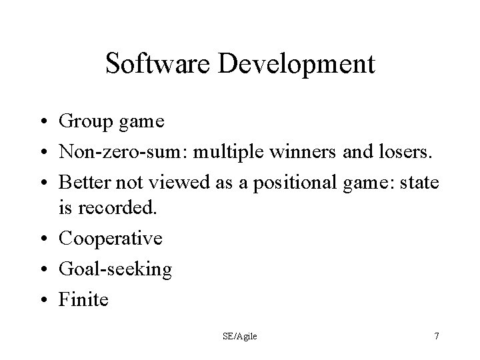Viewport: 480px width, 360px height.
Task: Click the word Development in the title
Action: coord(293,65)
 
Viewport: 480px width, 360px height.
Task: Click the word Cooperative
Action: coord(110,238)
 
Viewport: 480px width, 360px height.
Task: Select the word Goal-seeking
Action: coord(115,269)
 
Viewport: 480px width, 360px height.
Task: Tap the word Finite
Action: coord(83,299)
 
